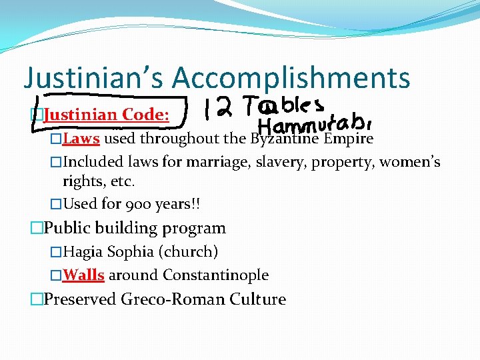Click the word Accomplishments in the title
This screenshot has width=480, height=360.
click(x=291, y=78)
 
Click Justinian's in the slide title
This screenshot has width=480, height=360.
click(x=93, y=78)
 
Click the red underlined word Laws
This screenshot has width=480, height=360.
click(x=81, y=139)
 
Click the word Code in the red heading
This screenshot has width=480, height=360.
click(x=145, y=115)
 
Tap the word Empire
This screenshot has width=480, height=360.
click(x=348, y=139)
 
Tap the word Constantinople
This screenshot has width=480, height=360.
click(x=216, y=275)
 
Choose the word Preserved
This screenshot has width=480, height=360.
click(x=80, y=299)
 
